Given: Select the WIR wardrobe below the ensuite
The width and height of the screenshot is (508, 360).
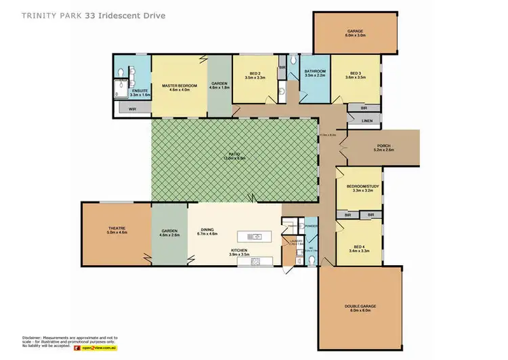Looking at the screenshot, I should click(124, 108).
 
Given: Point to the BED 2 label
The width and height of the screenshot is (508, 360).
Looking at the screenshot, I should click(255, 73).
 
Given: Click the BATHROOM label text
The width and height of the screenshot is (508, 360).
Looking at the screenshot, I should click(315, 71).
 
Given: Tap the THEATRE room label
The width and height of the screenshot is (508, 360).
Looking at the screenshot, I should click(117, 228).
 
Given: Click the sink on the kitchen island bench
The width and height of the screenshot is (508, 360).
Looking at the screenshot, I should click(256, 237).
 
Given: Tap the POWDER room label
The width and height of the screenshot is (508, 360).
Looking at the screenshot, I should click(312, 226).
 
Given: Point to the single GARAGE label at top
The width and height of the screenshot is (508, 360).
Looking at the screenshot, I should click(356, 31).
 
